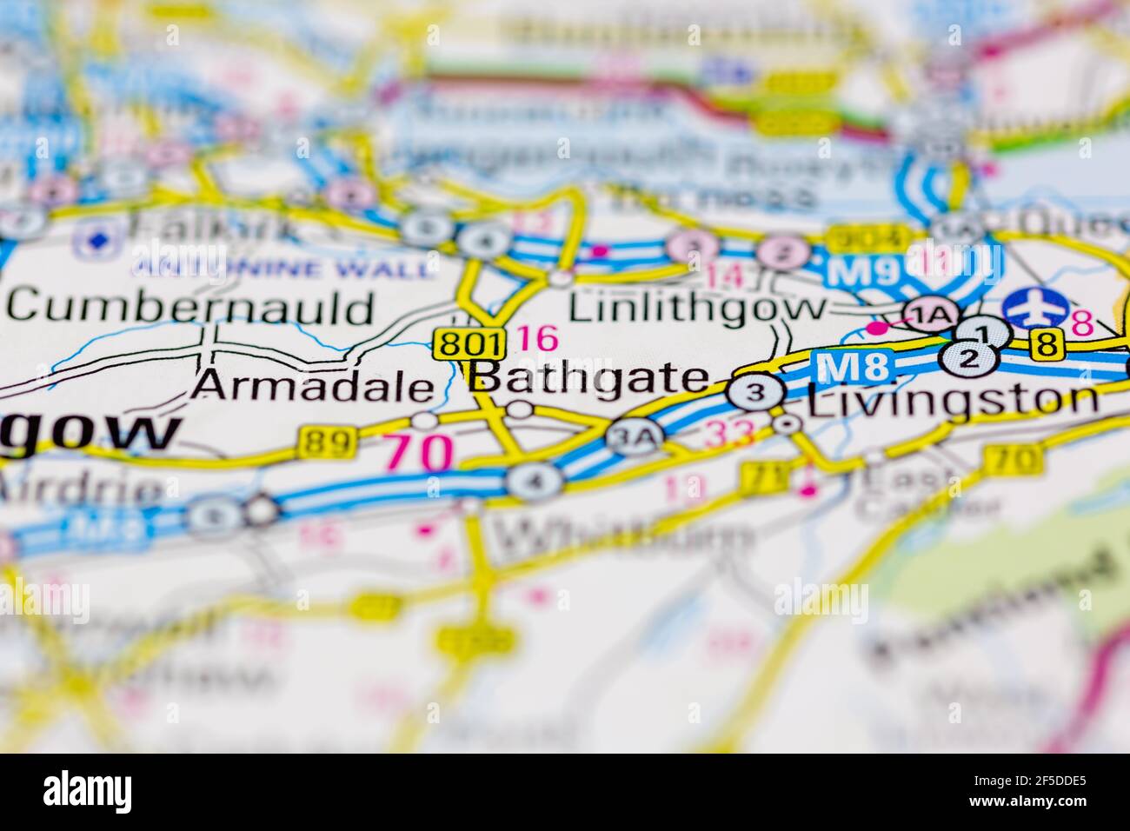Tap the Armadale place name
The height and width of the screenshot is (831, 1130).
click(312, 385)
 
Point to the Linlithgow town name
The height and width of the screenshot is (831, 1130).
click(697, 307)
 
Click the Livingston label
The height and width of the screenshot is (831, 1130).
click(952, 400)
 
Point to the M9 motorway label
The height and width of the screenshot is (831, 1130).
click(861, 271)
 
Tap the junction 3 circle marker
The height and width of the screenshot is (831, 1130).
click(755, 393)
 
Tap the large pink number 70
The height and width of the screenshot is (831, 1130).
click(419, 451)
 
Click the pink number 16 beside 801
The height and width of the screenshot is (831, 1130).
click(536, 338)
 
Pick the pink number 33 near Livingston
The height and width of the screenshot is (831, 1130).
click(729, 434)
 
